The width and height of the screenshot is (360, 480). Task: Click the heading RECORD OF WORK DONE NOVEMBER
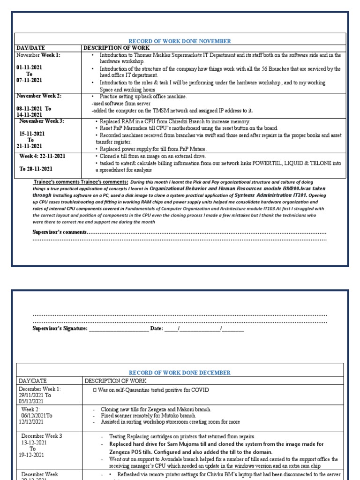coord(180,41)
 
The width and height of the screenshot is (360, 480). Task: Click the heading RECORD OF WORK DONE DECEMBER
coord(180,373)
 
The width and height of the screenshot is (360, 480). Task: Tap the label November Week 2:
coord(39,96)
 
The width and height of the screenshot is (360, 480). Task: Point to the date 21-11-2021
coord(30,146)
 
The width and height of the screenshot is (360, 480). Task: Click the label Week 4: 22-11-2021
coord(42,156)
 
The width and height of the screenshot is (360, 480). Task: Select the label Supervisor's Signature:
coord(60,329)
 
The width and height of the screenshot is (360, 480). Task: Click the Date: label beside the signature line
coord(156,329)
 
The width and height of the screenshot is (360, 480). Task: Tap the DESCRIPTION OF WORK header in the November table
coord(117,48)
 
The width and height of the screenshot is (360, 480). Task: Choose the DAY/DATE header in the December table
coord(33,381)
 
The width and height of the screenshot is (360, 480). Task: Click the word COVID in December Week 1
coord(200,390)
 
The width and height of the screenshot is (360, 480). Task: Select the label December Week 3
coord(42,436)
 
